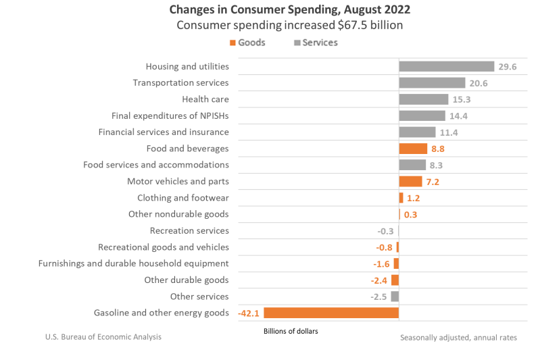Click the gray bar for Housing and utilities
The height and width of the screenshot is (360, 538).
(446, 66)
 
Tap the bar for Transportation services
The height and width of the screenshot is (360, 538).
(432, 82)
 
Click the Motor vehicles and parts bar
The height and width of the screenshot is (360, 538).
(410, 181)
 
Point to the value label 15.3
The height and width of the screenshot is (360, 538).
(462, 99)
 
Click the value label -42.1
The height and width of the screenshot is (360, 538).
(249, 313)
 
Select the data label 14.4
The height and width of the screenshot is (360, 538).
(460, 115)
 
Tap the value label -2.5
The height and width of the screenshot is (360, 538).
(378, 297)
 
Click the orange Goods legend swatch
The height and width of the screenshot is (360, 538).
(233, 43)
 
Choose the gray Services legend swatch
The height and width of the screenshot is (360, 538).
(297, 43)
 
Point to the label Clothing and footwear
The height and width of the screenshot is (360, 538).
(182, 198)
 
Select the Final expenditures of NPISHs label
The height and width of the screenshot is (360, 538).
(170, 115)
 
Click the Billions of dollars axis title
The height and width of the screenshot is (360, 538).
(290, 331)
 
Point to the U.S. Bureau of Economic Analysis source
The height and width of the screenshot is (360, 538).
(103, 336)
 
